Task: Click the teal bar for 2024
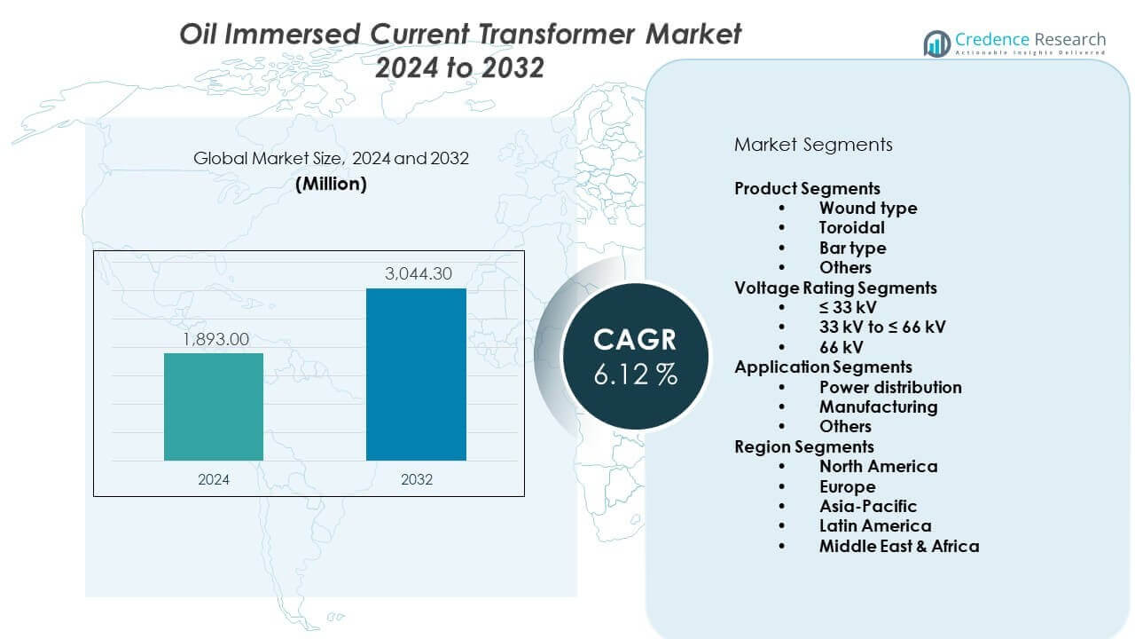pyautogui.click(x=214, y=406)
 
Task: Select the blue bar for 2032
pyautogui.click(x=416, y=375)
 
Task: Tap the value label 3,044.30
pyautogui.click(x=416, y=274)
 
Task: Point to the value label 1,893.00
pyautogui.click(x=214, y=339)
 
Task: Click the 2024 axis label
pyautogui.click(x=214, y=479)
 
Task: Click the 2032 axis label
pyautogui.click(x=416, y=479)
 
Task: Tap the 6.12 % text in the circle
pyautogui.click(x=636, y=375)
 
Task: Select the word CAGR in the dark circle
pyautogui.click(x=635, y=340)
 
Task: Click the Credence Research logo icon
pyautogui.click(x=937, y=43)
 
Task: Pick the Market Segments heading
pyautogui.click(x=813, y=145)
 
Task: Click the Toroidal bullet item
pyautogui.click(x=852, y=228)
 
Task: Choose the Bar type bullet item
pyautogui.click(x=852, y=248)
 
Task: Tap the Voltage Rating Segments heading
pyautogui.click(x=835, y=288)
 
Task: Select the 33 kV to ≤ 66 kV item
pyautogui.click(x=882, y=327)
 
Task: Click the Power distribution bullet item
pyautogui.click(x=890, y=387)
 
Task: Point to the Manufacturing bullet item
pyautogui.click(x=878, y=406)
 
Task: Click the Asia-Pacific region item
pyautogui.click(x=868, y=506)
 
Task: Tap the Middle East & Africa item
pyautogui.click(x=899, y=546)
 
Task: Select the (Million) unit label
pyautogui.click(x=331, y=184)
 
